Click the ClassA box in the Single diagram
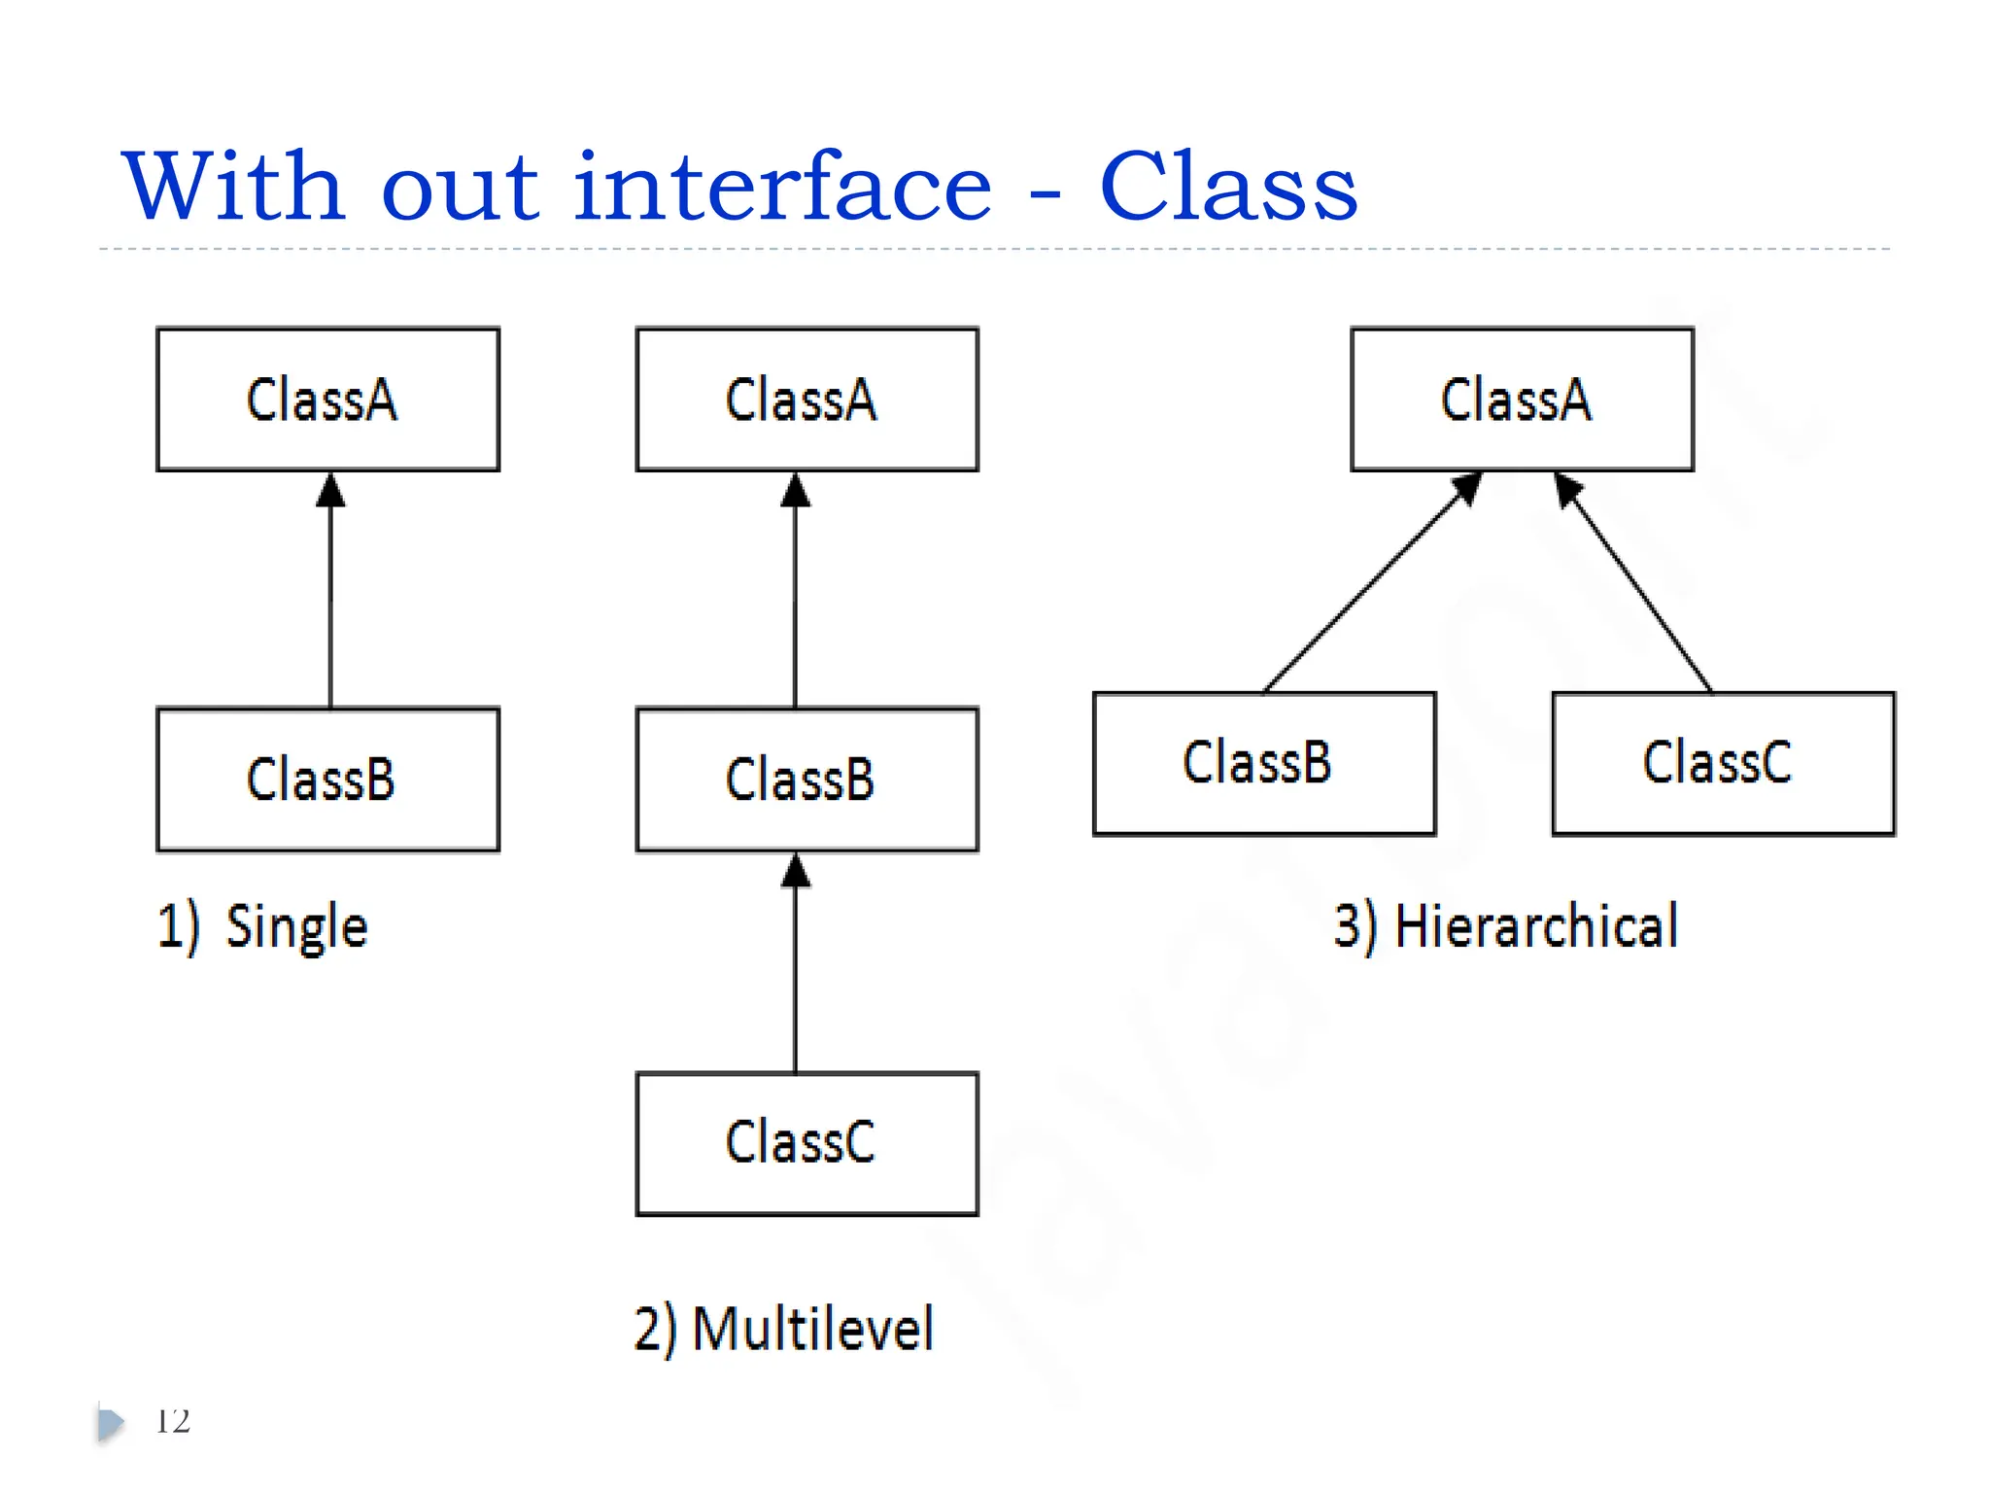pos(327,399)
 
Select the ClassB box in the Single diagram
pos(327,780)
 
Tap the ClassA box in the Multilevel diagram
pos(806,399)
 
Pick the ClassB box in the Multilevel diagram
pos(806,780)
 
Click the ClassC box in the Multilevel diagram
pos(806,1143)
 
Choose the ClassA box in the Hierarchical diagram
pos(1522,399)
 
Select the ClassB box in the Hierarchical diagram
pos(1264,763)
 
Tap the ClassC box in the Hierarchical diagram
pos(1723,763)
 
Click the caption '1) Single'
pos(262,926)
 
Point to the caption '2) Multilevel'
pos(783,1329)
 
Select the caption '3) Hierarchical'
pos(1505,926)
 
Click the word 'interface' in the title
pos(782,187)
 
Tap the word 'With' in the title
pos(233,187)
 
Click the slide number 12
pos(173,1421)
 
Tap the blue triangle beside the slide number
pos(110,1424)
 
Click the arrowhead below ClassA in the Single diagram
pos(330,491)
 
